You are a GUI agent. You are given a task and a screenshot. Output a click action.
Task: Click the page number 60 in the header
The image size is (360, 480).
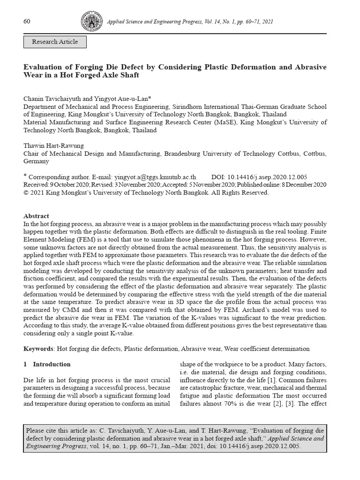(27, 22)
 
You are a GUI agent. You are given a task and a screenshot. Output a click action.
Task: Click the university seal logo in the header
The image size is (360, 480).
(91, 21)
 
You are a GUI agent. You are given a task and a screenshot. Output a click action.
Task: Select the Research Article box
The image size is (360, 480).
(55, 42)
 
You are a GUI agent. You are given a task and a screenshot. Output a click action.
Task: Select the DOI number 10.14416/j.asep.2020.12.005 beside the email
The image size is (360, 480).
(267, 177)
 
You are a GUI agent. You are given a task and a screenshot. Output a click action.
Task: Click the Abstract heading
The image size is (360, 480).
(36, 216)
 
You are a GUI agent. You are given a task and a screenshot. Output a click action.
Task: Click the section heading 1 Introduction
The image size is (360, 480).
(47, 364)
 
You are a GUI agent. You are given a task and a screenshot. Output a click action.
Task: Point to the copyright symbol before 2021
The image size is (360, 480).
(26, 193)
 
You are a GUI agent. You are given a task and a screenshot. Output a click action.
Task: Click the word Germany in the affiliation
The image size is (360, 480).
(36, 161)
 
